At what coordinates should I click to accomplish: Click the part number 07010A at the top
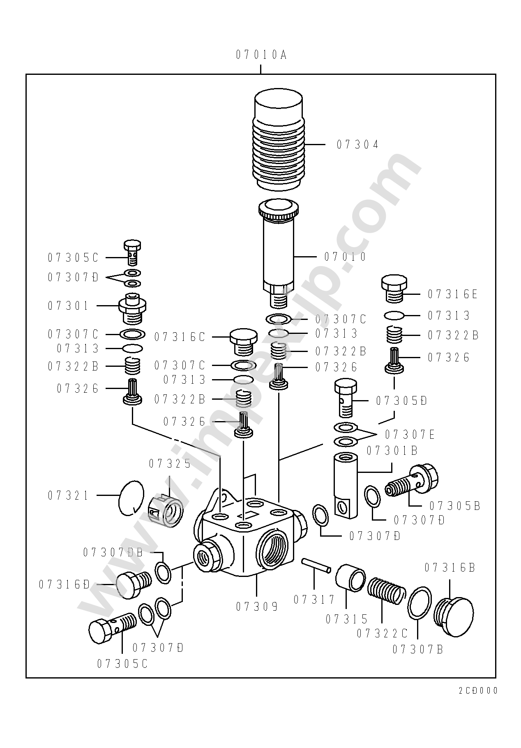click(x=261, y=55)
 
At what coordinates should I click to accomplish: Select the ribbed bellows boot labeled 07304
click(x=279, y=140)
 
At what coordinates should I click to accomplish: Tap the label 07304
click(x=357, y=145)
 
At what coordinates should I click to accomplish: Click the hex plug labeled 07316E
click(x=395, y=289)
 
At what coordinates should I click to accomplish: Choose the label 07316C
click(x=180, y=337)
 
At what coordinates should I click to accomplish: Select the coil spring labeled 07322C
click(x=384, y=591)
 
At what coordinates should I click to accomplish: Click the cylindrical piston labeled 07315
click(x=350, y=577)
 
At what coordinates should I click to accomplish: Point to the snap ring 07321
click(x=131, y=498)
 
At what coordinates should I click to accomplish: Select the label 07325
click(x=170, y=464)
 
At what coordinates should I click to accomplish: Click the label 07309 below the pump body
click(x=257, y=607)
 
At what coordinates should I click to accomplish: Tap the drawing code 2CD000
click(x=478, y=690)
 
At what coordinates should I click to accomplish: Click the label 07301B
click(x=392, y=451)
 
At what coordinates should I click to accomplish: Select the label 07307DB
click(x=113, y=553)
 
